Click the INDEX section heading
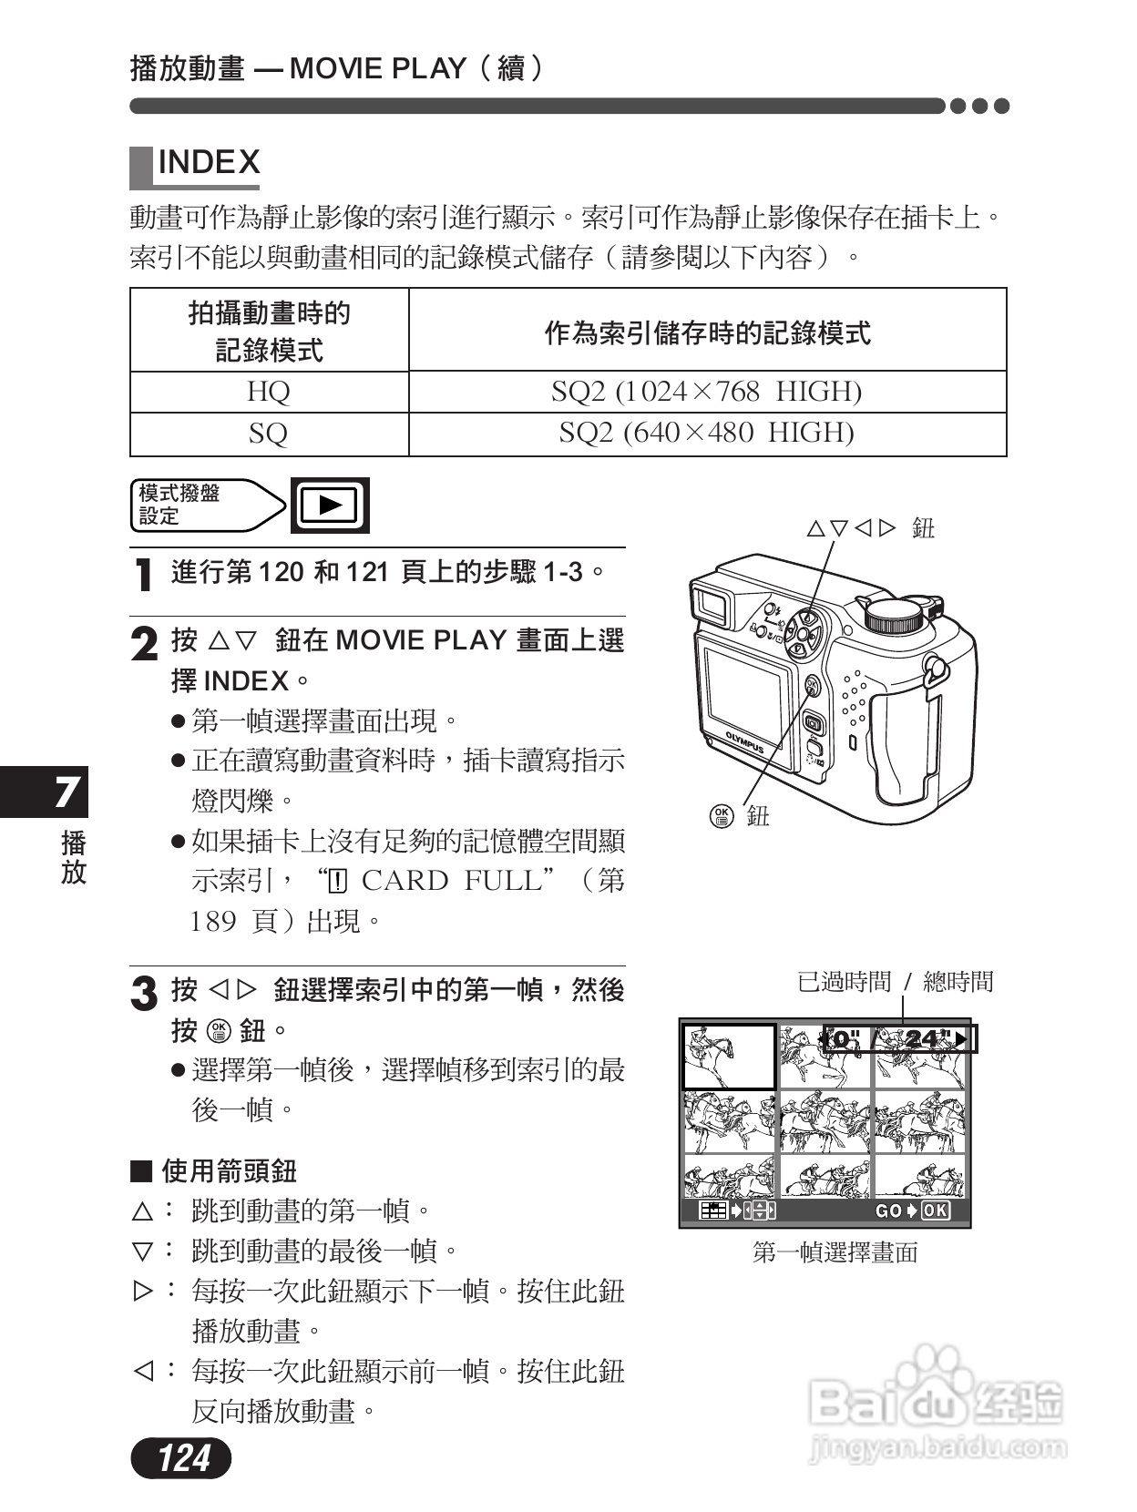(208, 163)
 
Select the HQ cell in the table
(269, 392)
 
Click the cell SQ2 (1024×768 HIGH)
(706, 392)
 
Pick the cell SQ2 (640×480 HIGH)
(706, 433)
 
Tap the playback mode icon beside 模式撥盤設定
(330, 505)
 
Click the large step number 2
(144, 645)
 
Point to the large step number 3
(144, 994)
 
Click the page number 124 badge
(181, 1458)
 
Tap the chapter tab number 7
(66, 792)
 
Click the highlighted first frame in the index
(728, 1057)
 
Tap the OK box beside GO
(935, 1211)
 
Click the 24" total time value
(924, 1039)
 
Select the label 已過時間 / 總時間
(895, 982)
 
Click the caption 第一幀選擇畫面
(835, 1253)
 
